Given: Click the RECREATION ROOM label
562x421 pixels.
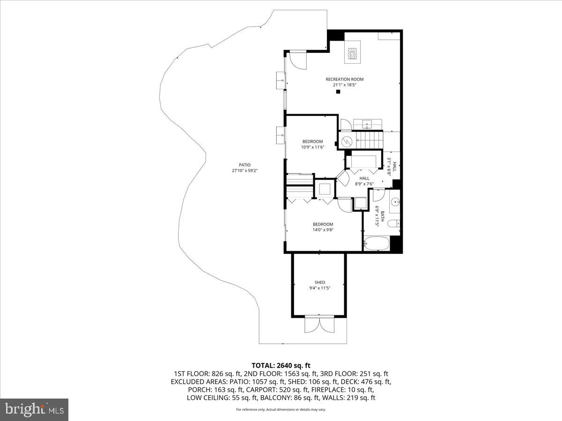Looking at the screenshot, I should [344, 79].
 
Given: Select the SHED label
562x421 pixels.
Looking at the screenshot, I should [319, 282].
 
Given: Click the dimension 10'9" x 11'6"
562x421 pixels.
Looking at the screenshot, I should [312, 147].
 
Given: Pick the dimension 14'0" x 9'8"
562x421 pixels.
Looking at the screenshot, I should [323, 230].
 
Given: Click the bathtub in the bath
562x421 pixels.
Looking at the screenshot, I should [377, 244].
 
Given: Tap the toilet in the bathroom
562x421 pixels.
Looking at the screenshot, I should [394, 224].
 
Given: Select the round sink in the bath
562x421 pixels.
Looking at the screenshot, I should [394, 202].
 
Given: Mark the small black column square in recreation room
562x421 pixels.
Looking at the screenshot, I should [337, 92].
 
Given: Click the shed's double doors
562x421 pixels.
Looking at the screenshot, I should [319, 324].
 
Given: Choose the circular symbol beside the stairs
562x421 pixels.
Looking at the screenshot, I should [347, 140].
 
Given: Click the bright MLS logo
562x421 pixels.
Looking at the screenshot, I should [34, 409].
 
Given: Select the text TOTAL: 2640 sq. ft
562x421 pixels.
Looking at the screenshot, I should [281, 365].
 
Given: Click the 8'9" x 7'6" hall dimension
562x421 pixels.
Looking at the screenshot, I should [364, 184].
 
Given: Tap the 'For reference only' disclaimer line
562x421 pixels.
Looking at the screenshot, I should [281, 409].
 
